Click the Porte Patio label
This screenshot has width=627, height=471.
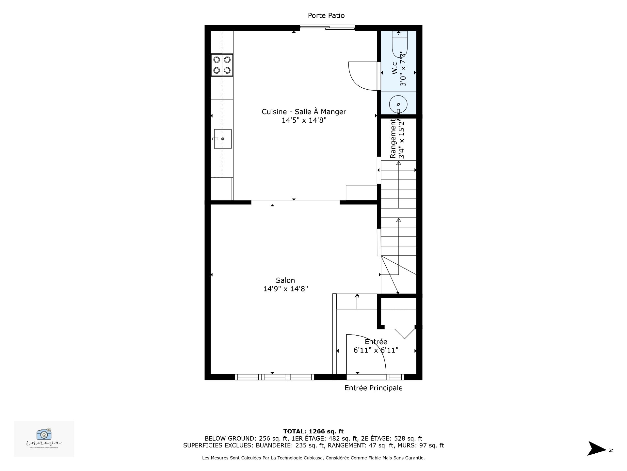326,15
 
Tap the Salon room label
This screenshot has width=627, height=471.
285,280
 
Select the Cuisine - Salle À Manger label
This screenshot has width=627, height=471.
304,112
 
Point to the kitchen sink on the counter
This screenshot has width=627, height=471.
223,139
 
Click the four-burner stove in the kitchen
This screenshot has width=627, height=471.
222,65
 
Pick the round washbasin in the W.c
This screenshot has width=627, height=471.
398,104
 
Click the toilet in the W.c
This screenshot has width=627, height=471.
399,46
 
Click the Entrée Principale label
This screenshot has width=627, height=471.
373,388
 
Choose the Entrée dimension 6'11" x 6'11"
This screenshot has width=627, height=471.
376,350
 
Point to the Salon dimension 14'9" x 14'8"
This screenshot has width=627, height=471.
285,289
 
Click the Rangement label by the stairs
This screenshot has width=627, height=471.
393,138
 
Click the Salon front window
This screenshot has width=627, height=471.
274,377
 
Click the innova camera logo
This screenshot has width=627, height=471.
44,435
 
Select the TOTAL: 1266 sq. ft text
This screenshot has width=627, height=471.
313,431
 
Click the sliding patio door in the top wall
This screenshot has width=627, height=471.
327,28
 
